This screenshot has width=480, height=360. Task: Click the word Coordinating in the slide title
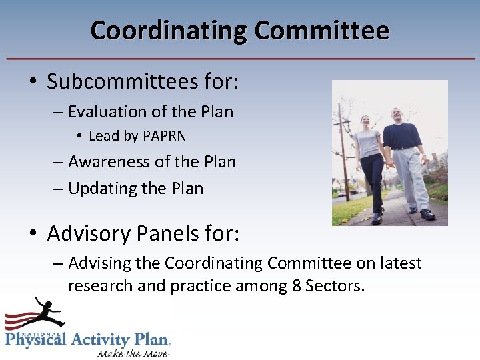(x=169, y=31)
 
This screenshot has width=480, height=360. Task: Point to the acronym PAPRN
(x=164, y=136)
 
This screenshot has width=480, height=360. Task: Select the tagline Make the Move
(x=133, y=352)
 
